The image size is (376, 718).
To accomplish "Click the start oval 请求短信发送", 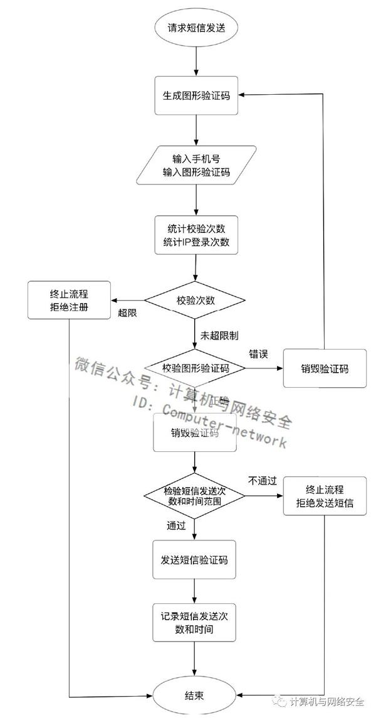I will point(197,28).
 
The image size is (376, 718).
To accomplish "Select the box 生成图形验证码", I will point(197,96).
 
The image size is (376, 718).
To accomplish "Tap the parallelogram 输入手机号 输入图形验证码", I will point(197,165).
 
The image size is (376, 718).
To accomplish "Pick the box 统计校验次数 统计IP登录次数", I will point(197,235).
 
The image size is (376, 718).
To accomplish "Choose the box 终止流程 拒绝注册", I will point(69,300).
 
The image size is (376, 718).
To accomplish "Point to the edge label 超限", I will point(128,313).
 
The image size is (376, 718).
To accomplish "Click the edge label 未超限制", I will point(219,335).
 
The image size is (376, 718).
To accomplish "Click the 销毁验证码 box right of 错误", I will point(324,368).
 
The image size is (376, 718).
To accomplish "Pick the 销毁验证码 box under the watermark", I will point(195,432).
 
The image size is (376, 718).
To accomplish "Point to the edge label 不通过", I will point(262,481).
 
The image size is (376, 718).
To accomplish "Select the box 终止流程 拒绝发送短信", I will point(324,496).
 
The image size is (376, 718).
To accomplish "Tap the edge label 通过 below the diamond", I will point(176,526).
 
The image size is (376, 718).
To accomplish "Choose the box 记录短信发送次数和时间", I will point(195,622).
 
